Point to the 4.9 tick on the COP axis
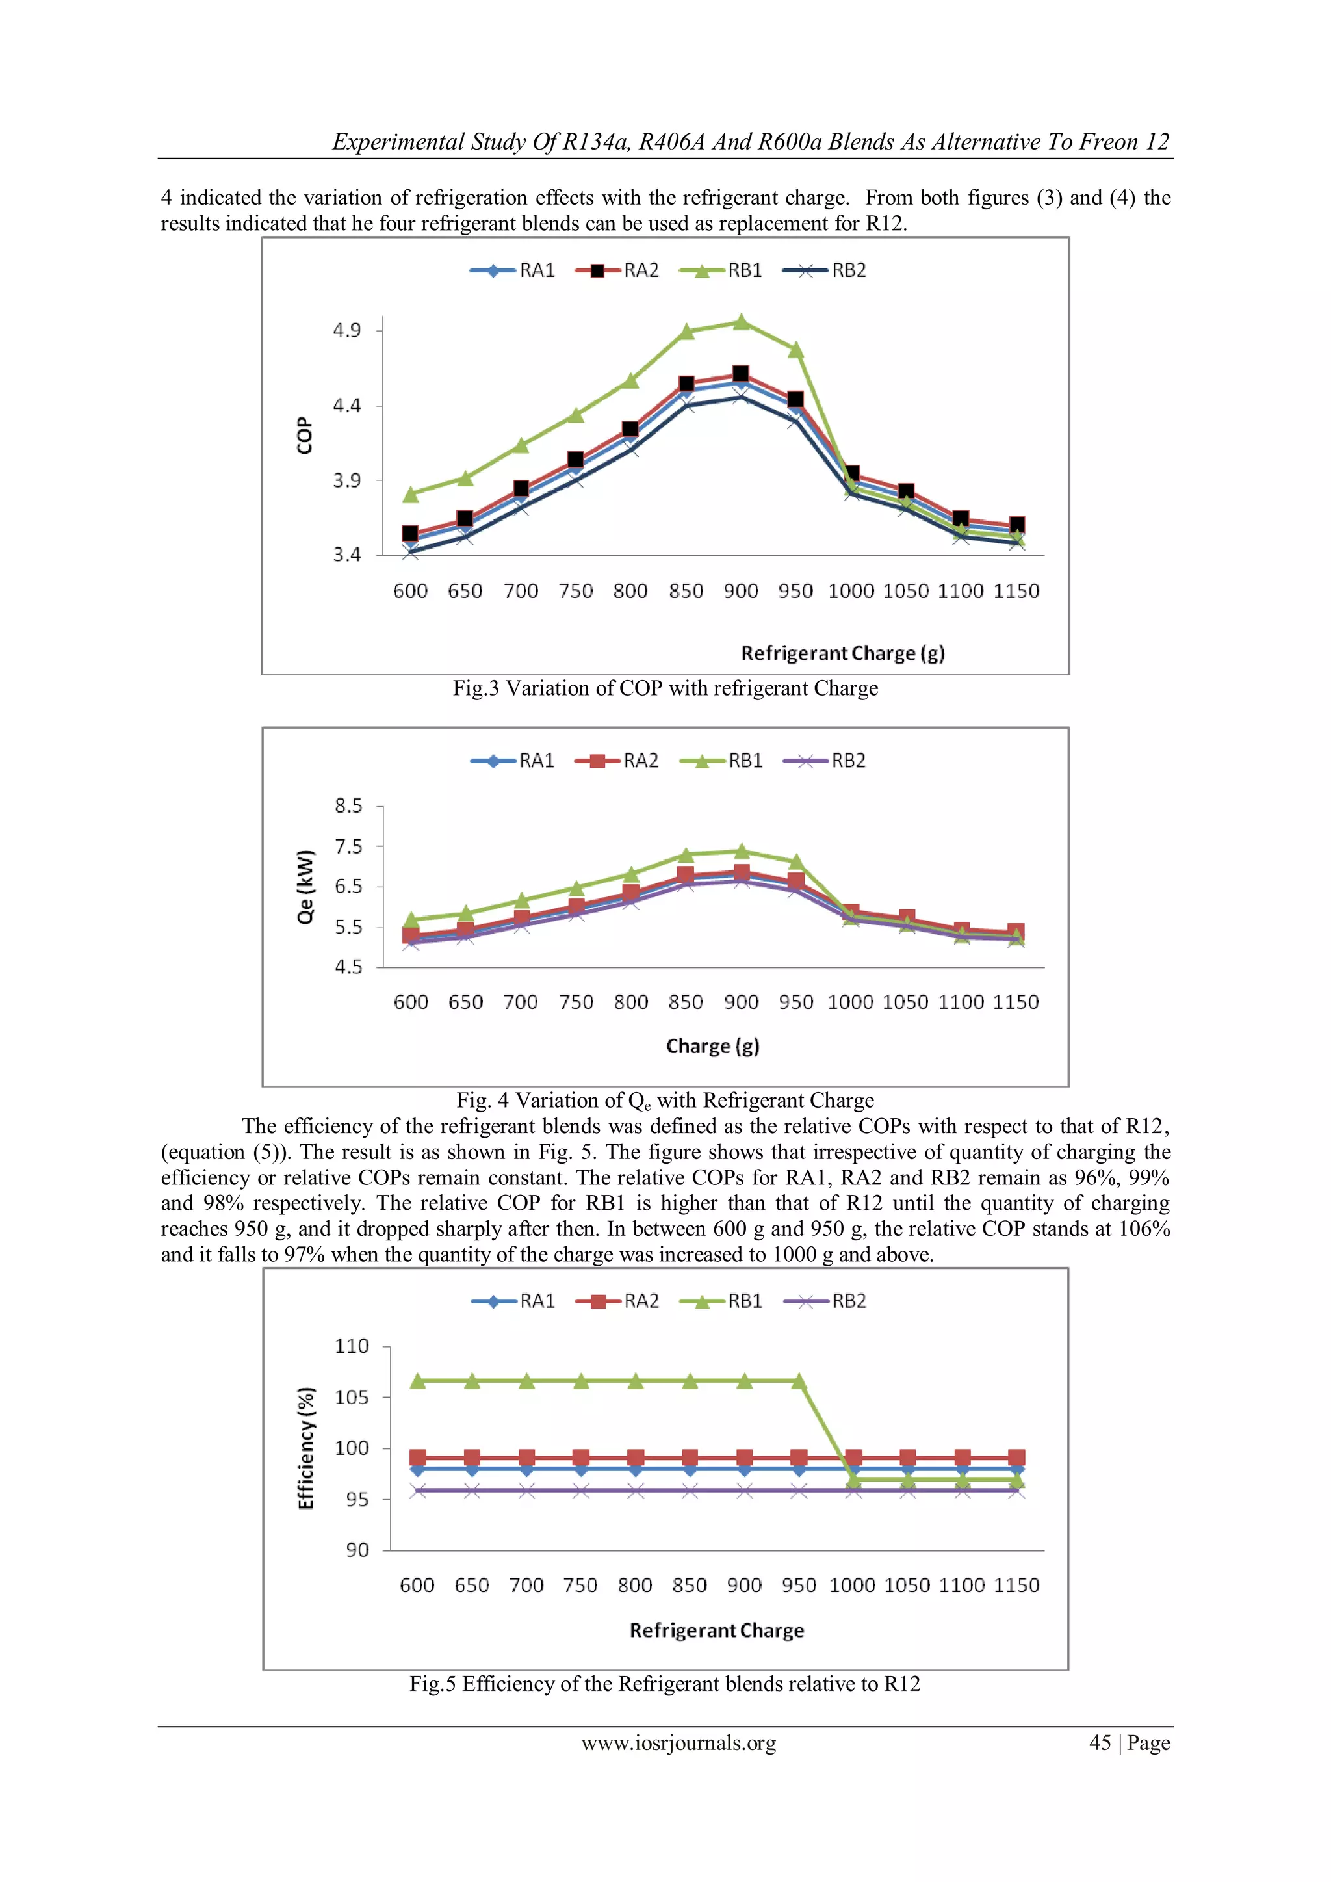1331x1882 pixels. point(346,330)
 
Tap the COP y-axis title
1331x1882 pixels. point(304,436)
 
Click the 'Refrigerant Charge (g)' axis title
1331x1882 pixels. point(842,653)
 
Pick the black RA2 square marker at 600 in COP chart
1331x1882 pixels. point(411,534)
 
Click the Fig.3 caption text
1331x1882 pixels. point(665,688)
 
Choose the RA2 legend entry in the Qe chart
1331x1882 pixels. point(619,761)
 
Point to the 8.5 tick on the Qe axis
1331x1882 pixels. point(348,805)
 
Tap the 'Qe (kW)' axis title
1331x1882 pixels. point(305,887)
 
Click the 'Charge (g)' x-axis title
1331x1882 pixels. point(712,1046)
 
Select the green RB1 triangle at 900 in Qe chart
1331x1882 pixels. point(742,851)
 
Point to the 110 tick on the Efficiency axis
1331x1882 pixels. point(352,1346)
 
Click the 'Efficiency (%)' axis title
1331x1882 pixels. point(305,1448)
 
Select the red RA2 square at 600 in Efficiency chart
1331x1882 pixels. point(418,1457)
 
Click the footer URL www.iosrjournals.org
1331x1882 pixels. point(678,1743)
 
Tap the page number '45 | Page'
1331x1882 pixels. point(1129,1743)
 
